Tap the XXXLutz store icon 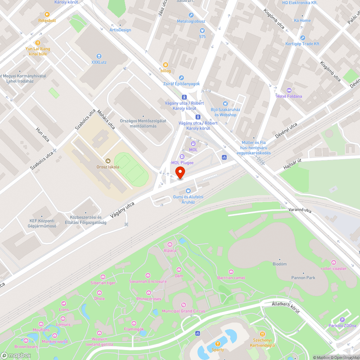pyautogui.click(x=99, y=56)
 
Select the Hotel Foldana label pyautogui.click(x=289, y=96)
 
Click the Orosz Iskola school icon pyautogui.click(x=107, y=161)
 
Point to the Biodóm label pyautogui.click(x=280, y=264)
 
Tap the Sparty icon pyautogui.click(x=217, y=343)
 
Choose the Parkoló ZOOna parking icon pyautogui.click(x=342, y=320)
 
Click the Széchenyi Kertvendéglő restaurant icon pyautogui.click(x=262, y=334)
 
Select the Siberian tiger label pyautogui.click(x=103, y=283)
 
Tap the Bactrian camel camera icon pyautogui.click(x=231, y=272)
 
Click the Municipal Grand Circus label pyautogui.click(x=183, y=311)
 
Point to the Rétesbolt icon pyautogui.click(x=47, y=14)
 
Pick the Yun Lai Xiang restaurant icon pyautogui.click(x=38, y=43)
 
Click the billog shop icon pyautogui.click(x=166, y=65)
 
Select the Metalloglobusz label pyautogui.click(x=191, y=21)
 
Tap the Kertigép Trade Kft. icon pyautogui.click(x=303, y=38)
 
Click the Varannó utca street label pyautogui.click(x=300, y=210)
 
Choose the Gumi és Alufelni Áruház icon pyautogui.click(x=188, y=191)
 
